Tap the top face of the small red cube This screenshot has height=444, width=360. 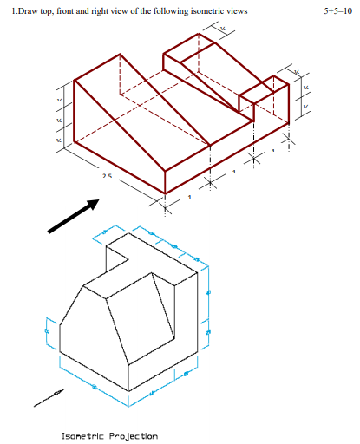262,85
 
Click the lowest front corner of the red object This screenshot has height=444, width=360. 166,193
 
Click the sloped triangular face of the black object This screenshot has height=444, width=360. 138,317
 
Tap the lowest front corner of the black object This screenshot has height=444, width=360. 128,391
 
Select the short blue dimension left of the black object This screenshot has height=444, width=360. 48,329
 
